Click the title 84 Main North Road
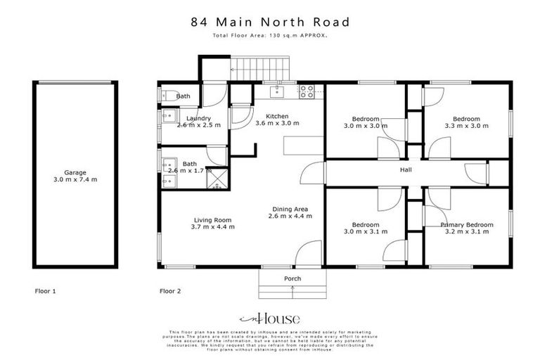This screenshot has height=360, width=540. (270, 21)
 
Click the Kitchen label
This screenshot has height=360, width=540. (276, 115)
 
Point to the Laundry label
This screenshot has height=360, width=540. (198, 117)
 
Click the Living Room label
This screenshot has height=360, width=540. (212, 219)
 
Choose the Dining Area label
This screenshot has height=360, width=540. (290, 209)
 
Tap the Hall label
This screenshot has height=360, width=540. (406, 170)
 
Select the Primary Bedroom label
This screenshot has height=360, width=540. (465, 225)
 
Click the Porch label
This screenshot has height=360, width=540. (292, 279)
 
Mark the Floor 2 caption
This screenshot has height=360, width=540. (170, 290)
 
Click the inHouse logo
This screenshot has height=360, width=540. (270, 317)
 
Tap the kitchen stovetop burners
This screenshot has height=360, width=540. (307, 90)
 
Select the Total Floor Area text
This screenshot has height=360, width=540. (270, 36)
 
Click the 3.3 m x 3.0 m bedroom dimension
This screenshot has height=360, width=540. (466, 127)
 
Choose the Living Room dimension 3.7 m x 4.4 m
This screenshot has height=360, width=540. (212, 227)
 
